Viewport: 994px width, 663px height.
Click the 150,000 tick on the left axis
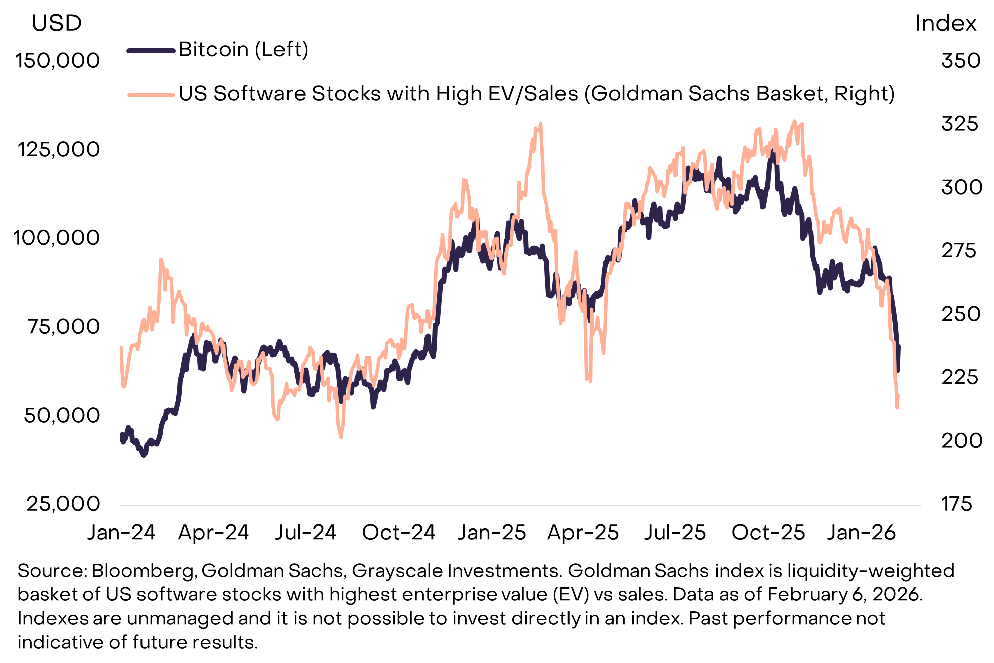tap(57, 61)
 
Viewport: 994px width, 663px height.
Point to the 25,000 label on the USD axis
tap(63, 504)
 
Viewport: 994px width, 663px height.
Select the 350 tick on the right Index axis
tap(960, 61)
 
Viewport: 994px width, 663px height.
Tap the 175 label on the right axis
tap(956, 504)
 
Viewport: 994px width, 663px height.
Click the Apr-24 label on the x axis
tap(213, 533)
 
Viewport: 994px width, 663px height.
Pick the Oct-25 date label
tap(768, 533)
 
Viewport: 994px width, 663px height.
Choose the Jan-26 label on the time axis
tap(861, 533)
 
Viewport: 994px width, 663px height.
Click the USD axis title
tap(56, 23)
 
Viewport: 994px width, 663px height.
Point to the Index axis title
tap(945, 23)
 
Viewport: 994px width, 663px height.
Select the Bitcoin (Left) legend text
tap(243, 49)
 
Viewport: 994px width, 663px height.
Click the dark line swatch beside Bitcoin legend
tap(151, 50)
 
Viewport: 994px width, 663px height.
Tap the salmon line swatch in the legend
tap(151, 94)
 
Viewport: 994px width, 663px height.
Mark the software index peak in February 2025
tap(540, 123)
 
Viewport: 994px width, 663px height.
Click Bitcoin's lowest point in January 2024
tap(144, 455)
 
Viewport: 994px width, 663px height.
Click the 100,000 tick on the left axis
tap(56, 238)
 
